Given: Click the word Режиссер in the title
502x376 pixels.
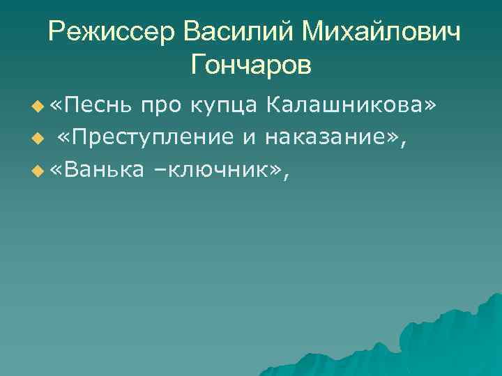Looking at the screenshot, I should (x=111, y=33).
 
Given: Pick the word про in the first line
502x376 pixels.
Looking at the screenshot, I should (x=158, y=106).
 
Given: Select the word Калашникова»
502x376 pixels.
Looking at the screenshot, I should (x=353, y=106).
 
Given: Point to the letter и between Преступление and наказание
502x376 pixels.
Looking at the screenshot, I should (x=249, y=137).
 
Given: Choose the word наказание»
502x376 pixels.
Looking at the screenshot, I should (x=333, y=137).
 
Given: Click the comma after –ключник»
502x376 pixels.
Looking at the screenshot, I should (x=284, y=173).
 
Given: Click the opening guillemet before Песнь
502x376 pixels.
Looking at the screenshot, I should (x=56, y=107).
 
